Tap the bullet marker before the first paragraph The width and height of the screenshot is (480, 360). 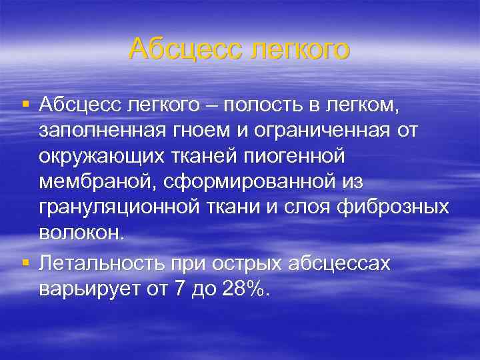25,103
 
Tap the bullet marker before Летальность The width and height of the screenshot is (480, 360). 25,262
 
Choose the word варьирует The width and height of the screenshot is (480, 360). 82,288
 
